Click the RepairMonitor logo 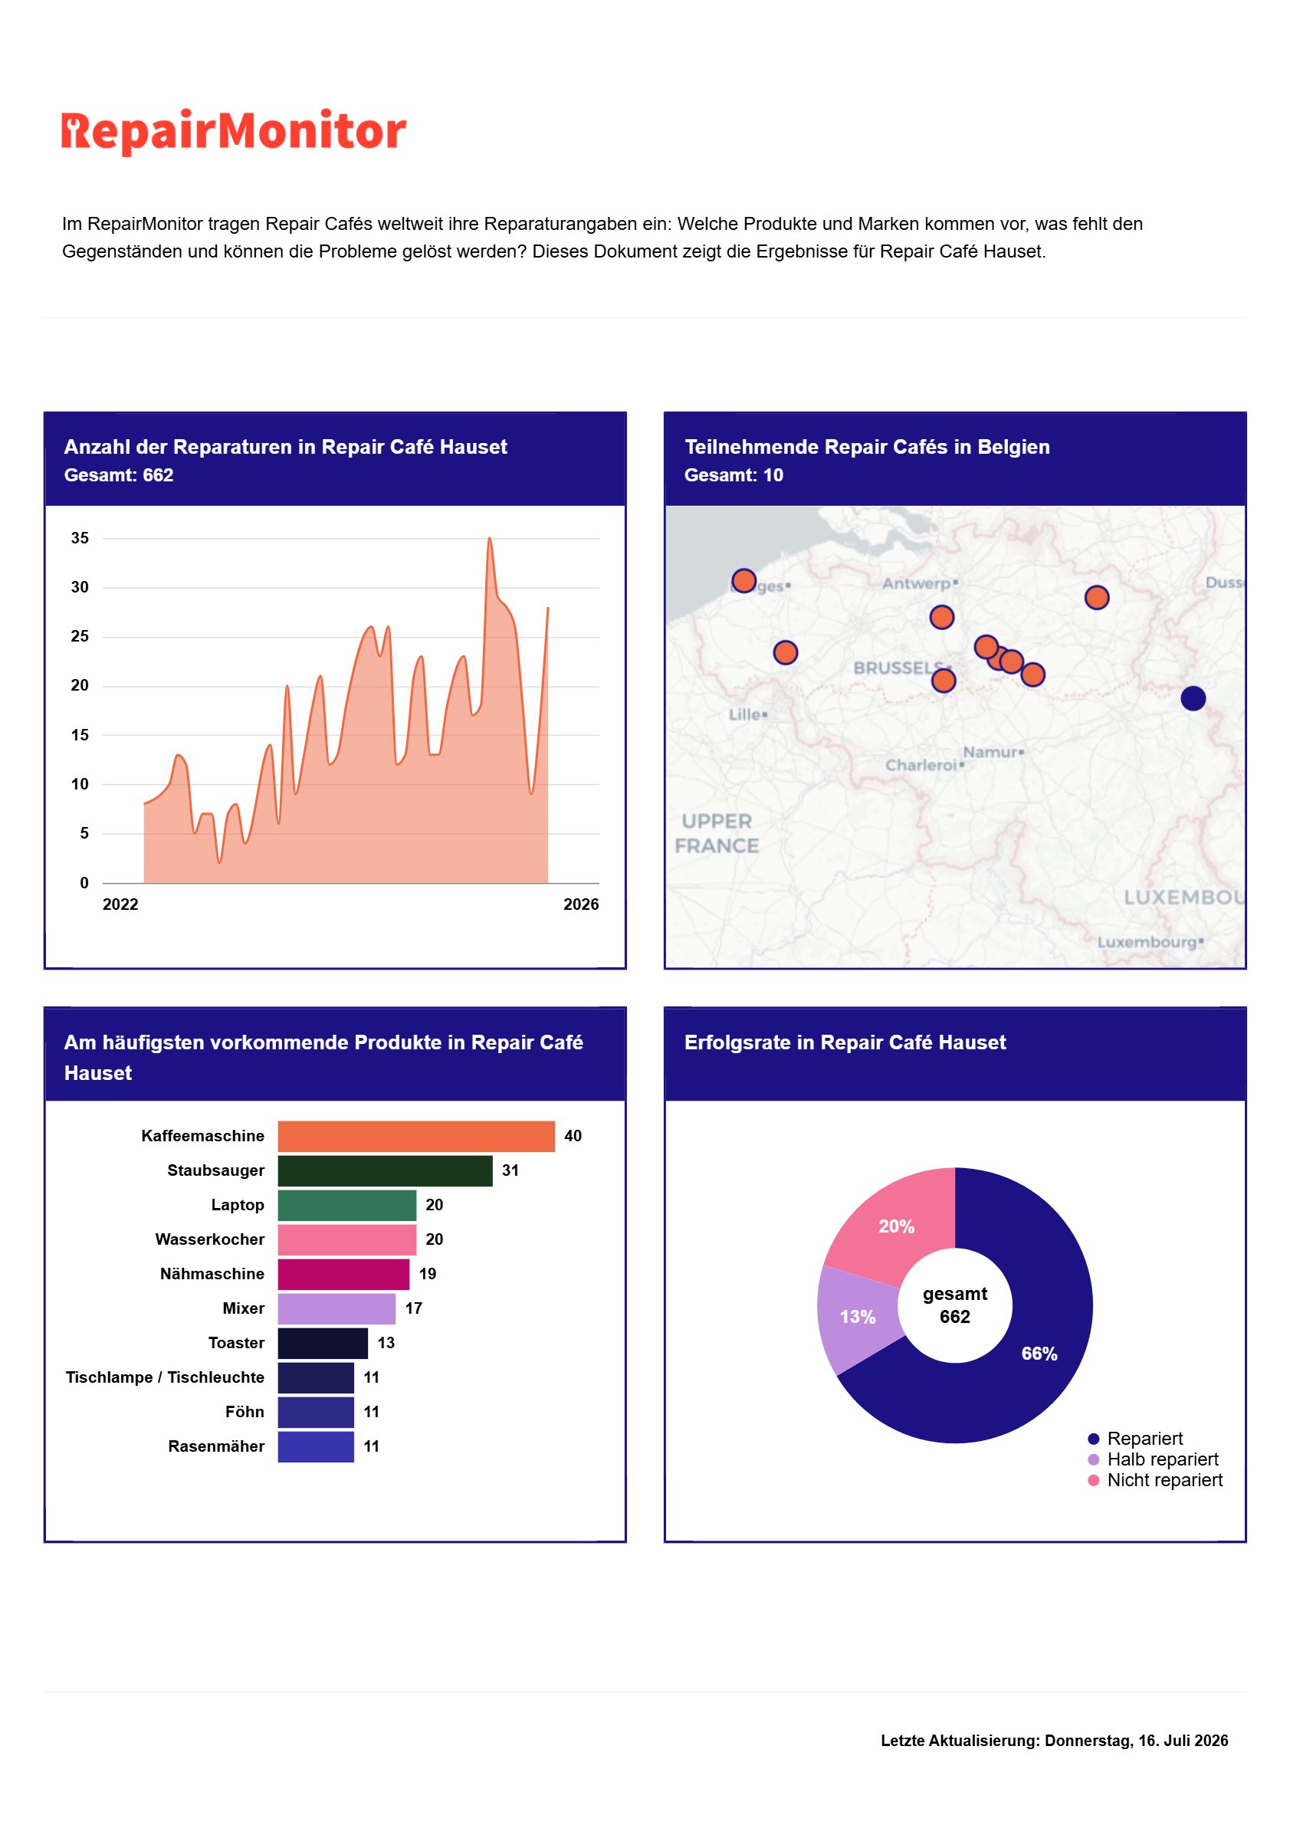click(234, 131)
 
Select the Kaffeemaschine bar click(415, 1136)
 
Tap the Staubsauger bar click(385, 1171)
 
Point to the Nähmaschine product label click(212, 1274)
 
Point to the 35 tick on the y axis click(80, 538)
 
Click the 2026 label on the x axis click(581, 904)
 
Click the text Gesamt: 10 click(734, 475)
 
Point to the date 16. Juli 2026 click(1183, 1741)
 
